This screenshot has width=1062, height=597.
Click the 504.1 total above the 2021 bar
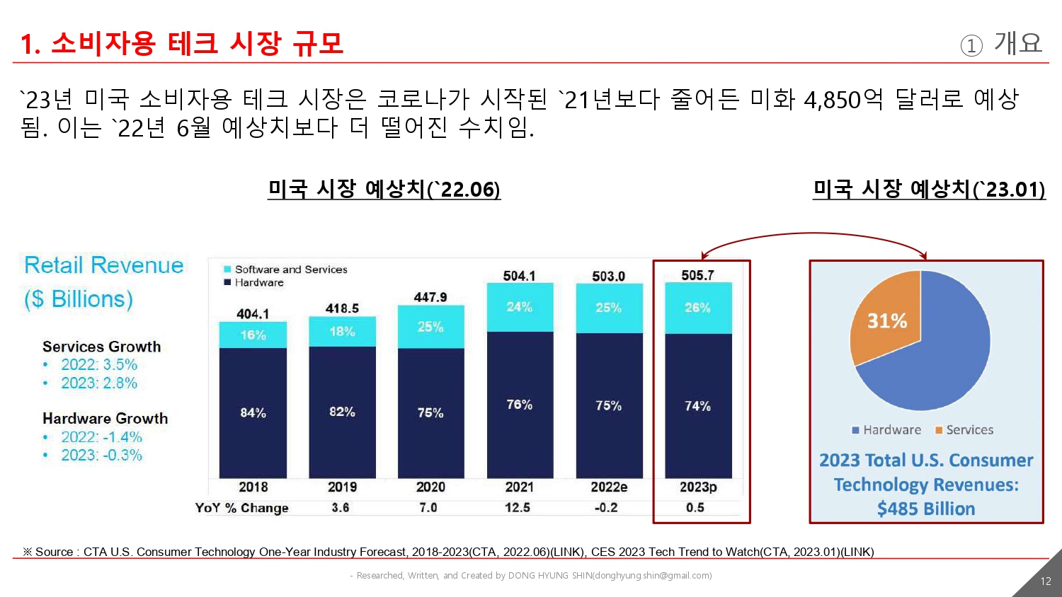tap(519, 276)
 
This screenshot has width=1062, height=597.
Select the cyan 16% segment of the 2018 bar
tap(253, 335)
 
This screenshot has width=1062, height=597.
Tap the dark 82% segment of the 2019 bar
tap(342, 412)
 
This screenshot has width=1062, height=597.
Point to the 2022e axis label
tap(609, 487)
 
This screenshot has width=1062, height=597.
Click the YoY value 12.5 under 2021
tap(518, 508)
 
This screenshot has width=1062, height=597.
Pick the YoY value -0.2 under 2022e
tap(606, 508)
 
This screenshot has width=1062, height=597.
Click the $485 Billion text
tap(926, 509)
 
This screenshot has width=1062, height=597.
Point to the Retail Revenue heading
tap(104, 265)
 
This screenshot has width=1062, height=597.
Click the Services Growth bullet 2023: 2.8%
tap(99, 383)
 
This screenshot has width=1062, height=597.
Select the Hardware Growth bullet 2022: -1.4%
tap(101, 437)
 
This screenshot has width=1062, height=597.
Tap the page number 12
tap(1046, 581)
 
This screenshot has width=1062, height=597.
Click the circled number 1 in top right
tap(971, 46)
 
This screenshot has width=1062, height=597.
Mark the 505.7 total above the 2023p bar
tap(697, 275)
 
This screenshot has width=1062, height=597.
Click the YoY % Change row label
tap(241, 508)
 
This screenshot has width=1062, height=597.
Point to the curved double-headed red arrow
tap(814, 234)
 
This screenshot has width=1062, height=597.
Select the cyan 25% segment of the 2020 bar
tap(430, 327)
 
